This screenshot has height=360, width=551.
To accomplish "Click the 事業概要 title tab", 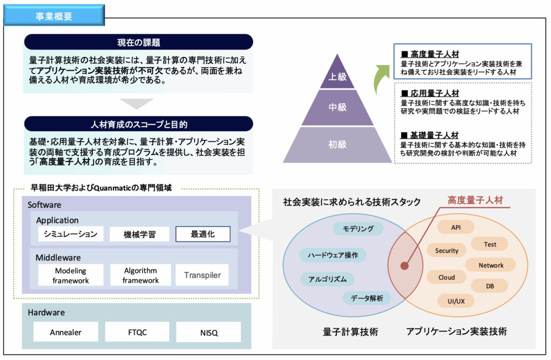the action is pyautogui.click(x=54, y=15).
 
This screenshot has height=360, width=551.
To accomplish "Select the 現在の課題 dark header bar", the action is pyautogui.click(x=138, y=42).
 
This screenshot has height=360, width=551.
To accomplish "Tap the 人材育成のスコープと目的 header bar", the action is pyautogui.click(x=138, y=124).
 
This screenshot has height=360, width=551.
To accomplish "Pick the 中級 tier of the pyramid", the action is pyautogui.click(x=337, y=107).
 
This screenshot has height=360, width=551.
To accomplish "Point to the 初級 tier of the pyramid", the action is pyautogui.click(x=337, y=145).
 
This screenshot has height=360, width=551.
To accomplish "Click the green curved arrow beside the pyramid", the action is pyautogui.click(x=381, y=79).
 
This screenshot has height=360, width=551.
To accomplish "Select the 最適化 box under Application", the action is pyautogui.click(x=203, y=234).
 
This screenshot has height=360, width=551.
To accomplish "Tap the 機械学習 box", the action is pyautogui.click(x=139, y=234).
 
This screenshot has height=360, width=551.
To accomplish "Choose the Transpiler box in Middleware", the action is pyautogui.click(x=202, y=275).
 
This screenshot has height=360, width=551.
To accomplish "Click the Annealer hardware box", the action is pyautogui.click(x=66, y=332).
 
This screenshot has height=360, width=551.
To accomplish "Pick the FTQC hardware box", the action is pyautogui.click(x=137, y=332).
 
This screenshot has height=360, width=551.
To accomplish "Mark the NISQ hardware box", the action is pyautogui.click(x=209, y=333).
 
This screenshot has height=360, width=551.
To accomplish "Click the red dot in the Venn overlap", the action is pyautogui.click(x=405, y=266).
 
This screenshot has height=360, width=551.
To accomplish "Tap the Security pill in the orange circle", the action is pyautogui.click(x=446, y=250).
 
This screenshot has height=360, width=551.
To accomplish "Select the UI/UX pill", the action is pyautogui.click(x=456, y=301).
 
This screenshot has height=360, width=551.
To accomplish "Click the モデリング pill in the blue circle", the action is pyautogui.click(x=358, y=229).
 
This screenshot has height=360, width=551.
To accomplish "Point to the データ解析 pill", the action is pyautogui.click(x=366, y=298).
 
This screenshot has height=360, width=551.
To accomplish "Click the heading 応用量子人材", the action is pyautogui.click(x=435, y=93).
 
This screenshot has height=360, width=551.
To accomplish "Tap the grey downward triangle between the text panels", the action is pyautogui.click(x=136, y=103).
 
